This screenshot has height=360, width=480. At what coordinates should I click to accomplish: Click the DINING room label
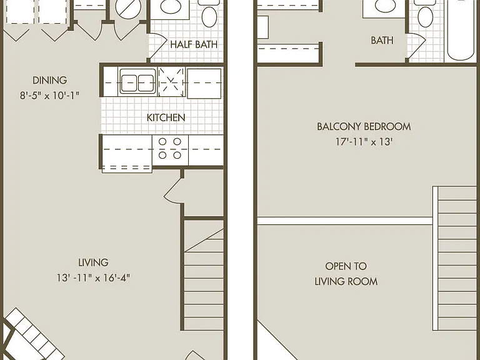[49, 80]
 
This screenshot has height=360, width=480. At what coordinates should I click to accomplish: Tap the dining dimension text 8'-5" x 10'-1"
[49, 96]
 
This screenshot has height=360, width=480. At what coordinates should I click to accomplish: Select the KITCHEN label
[166, 117]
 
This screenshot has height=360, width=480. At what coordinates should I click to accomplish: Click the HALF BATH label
[194, 44]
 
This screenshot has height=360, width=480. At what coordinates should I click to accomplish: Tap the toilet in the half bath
[209, 13]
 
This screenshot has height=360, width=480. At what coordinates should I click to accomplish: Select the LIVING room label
[93, 262]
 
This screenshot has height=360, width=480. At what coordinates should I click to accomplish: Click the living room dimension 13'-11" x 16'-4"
[93, 278]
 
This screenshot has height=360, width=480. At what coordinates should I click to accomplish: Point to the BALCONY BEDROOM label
[364, 126]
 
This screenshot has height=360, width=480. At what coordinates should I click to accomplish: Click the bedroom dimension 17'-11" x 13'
[364, 142]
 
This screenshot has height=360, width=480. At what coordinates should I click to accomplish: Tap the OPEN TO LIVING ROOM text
[346, 274]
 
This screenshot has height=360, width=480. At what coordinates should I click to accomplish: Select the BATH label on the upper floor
[382, 40]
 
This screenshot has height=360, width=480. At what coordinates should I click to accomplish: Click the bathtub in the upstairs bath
[461, 30]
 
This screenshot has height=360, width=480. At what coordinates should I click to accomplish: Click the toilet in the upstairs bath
[425, 13]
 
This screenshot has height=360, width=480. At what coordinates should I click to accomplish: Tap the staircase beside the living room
[204, 275]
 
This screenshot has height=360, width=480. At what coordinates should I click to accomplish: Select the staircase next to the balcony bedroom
[455, 258]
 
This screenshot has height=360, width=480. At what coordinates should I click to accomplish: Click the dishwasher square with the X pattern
[171, 82]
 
